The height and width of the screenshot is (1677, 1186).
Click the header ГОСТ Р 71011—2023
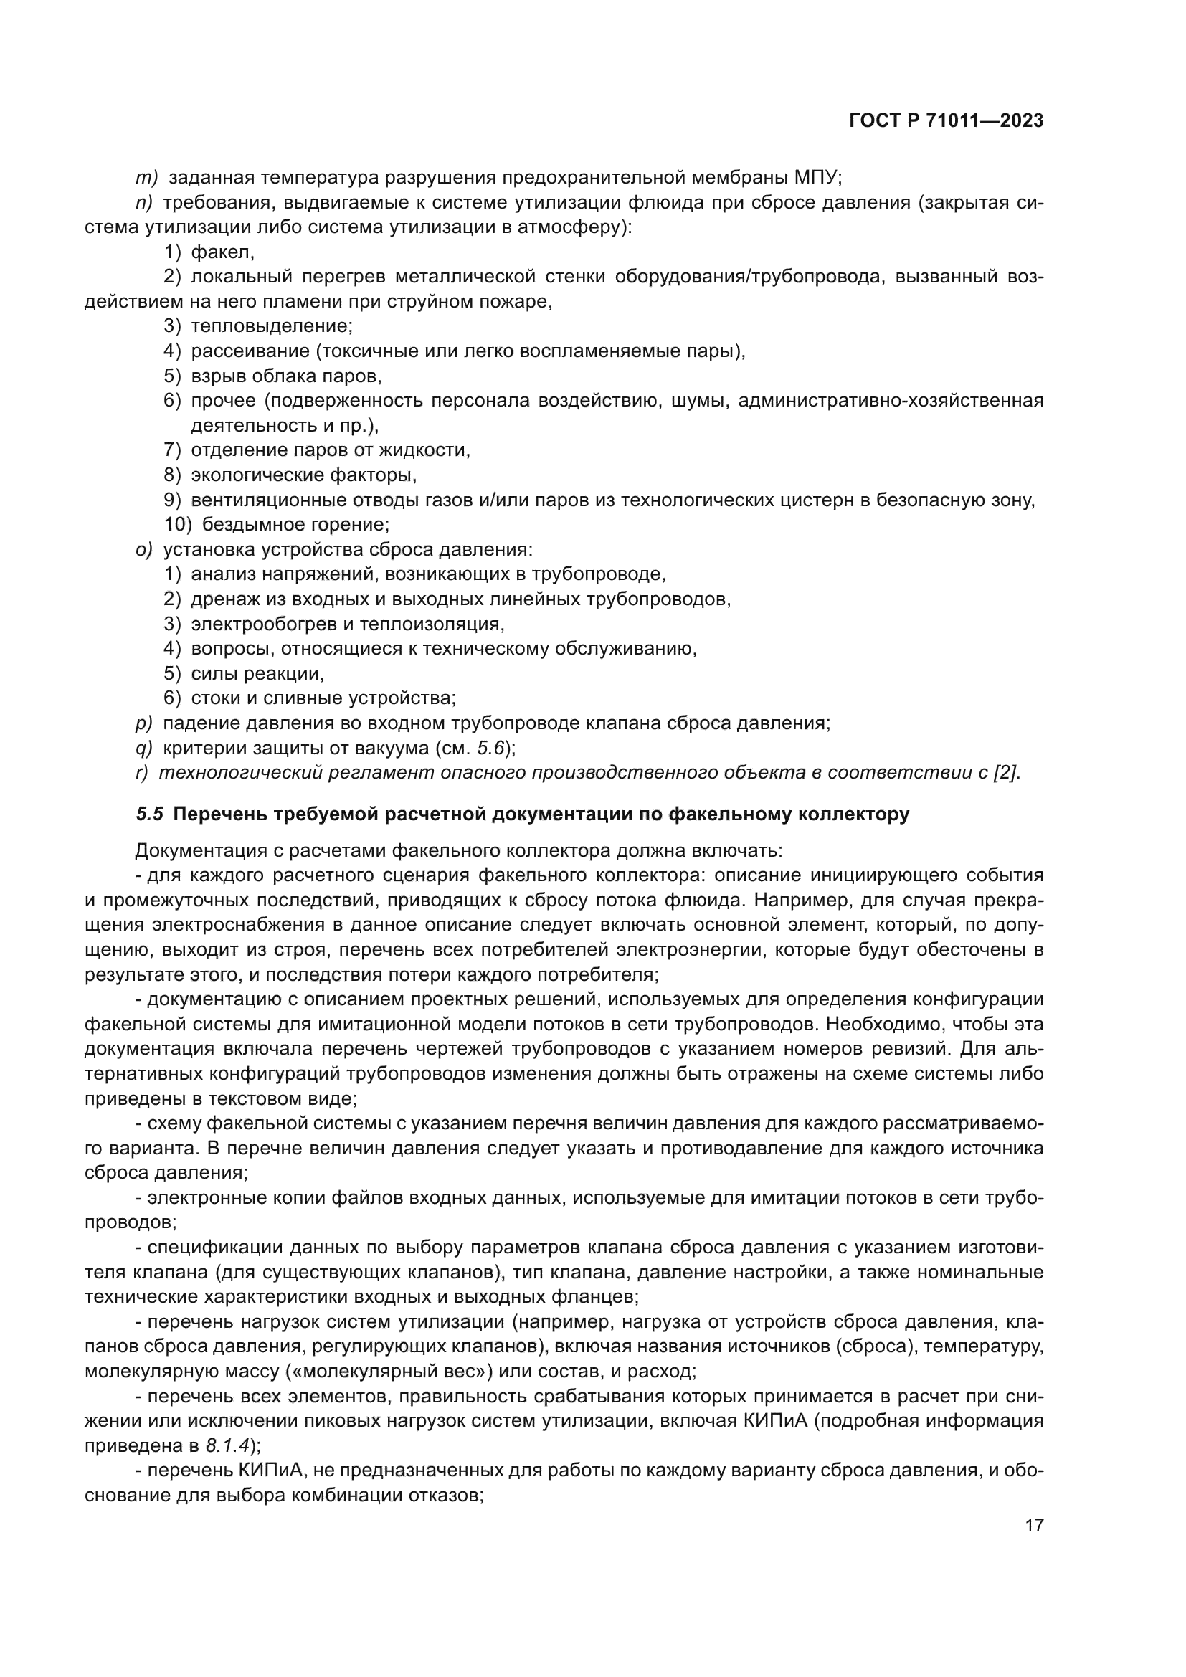tap(946, 121)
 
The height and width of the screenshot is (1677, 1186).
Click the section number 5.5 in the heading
tap(149, 814)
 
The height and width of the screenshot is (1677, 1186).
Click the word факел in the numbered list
tap(221, 252)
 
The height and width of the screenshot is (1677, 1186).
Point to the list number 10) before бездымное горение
tap(177, 524)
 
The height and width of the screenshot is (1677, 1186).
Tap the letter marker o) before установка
tap(144, 549)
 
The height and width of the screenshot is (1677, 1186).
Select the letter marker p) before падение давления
tap(144, 723)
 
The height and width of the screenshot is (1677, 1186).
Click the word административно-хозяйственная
tap(891, 400)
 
